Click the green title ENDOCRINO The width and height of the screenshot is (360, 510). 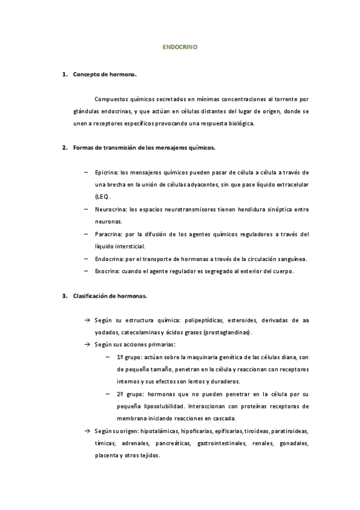pos(180,46)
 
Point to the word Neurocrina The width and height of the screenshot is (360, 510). pos(110,209)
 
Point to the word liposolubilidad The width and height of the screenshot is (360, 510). pos(163,407)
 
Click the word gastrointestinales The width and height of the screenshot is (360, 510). pos(222,443)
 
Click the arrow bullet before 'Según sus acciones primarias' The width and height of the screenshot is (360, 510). pos(88,345)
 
